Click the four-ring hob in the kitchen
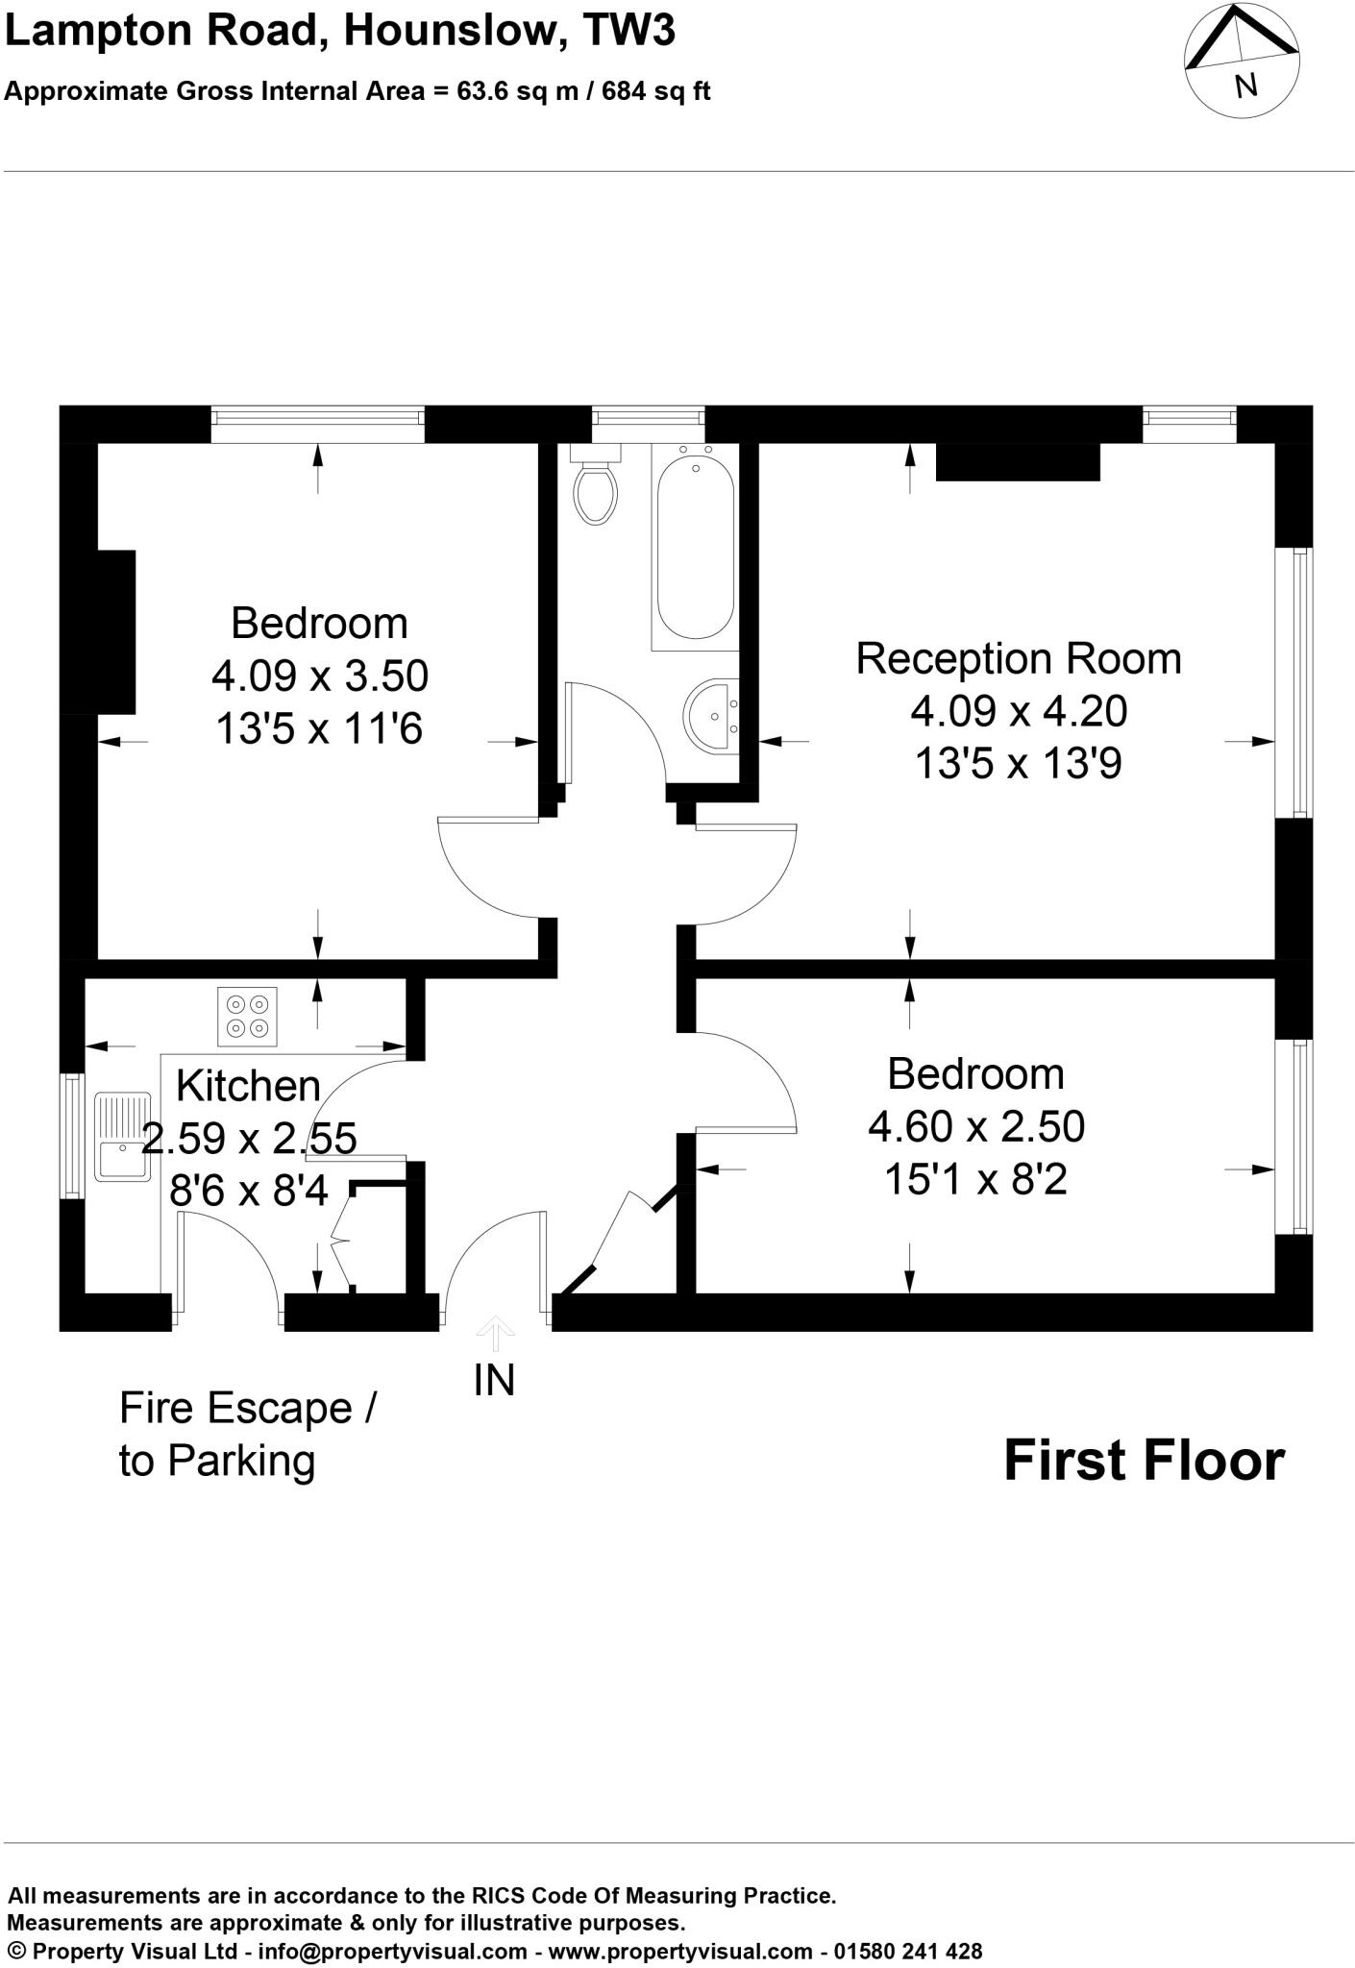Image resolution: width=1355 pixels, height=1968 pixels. (x=247, y=1017)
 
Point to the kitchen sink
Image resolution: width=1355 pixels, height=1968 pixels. (x=122, y=1137)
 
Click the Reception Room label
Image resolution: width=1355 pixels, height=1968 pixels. (x=1018, y=659)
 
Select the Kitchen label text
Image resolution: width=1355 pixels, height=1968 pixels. (x=248, y=1086)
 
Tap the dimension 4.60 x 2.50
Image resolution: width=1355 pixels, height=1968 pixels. (x=975, y=1126)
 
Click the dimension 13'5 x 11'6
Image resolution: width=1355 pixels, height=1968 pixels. (x=319, y=729)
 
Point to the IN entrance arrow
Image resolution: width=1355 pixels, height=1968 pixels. (x=495, y=1335)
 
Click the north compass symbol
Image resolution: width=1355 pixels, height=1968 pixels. (x=1243, y=61)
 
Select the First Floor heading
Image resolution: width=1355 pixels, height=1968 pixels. (x=1144, y=1462)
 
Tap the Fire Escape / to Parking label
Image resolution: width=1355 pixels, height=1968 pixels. (x=247, y=1435)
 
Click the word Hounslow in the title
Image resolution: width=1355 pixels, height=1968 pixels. (x=450, y=31)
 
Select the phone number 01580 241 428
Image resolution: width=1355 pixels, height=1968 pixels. (x=907, y=1951)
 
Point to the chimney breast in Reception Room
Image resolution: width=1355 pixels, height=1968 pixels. (x=1017, y=461)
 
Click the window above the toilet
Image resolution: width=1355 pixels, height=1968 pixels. (x=647, y=416)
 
